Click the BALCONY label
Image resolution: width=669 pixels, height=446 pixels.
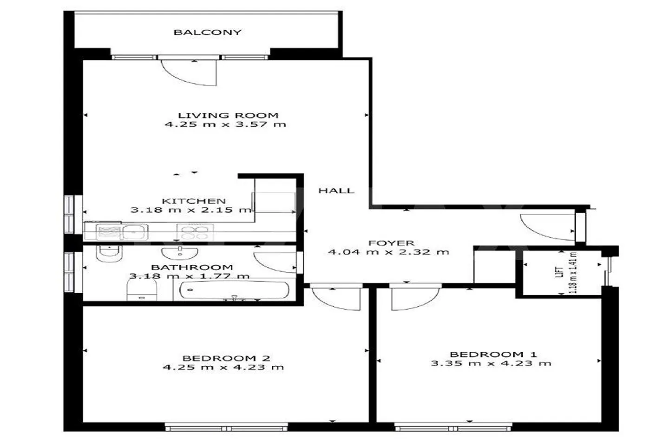[x=207, y=32]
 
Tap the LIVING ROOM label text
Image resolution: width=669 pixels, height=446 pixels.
[x=228, y=115]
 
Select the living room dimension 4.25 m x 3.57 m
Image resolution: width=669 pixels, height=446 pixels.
[x=225, y=124]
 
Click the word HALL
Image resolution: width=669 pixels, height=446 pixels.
[x=336, y=190]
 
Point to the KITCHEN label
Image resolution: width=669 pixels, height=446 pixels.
[x=194, y=201]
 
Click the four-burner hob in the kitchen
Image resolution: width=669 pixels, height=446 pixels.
[x=195, y=232]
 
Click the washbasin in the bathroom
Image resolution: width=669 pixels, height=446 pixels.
[x=179, y=253]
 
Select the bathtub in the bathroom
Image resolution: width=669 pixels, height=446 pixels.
[x=234, y=290]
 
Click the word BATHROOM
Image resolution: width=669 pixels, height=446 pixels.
[x=192, y=267]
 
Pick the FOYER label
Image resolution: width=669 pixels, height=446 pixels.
[x=391, y=243]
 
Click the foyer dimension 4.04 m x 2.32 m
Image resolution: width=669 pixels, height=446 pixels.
[x=388, y=252]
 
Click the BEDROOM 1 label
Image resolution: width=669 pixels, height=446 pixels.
[x=493, y=354]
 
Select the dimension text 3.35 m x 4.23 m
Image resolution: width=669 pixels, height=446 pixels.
[x=491, y=363]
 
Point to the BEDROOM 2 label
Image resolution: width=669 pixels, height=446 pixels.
[x=226, y=358]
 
